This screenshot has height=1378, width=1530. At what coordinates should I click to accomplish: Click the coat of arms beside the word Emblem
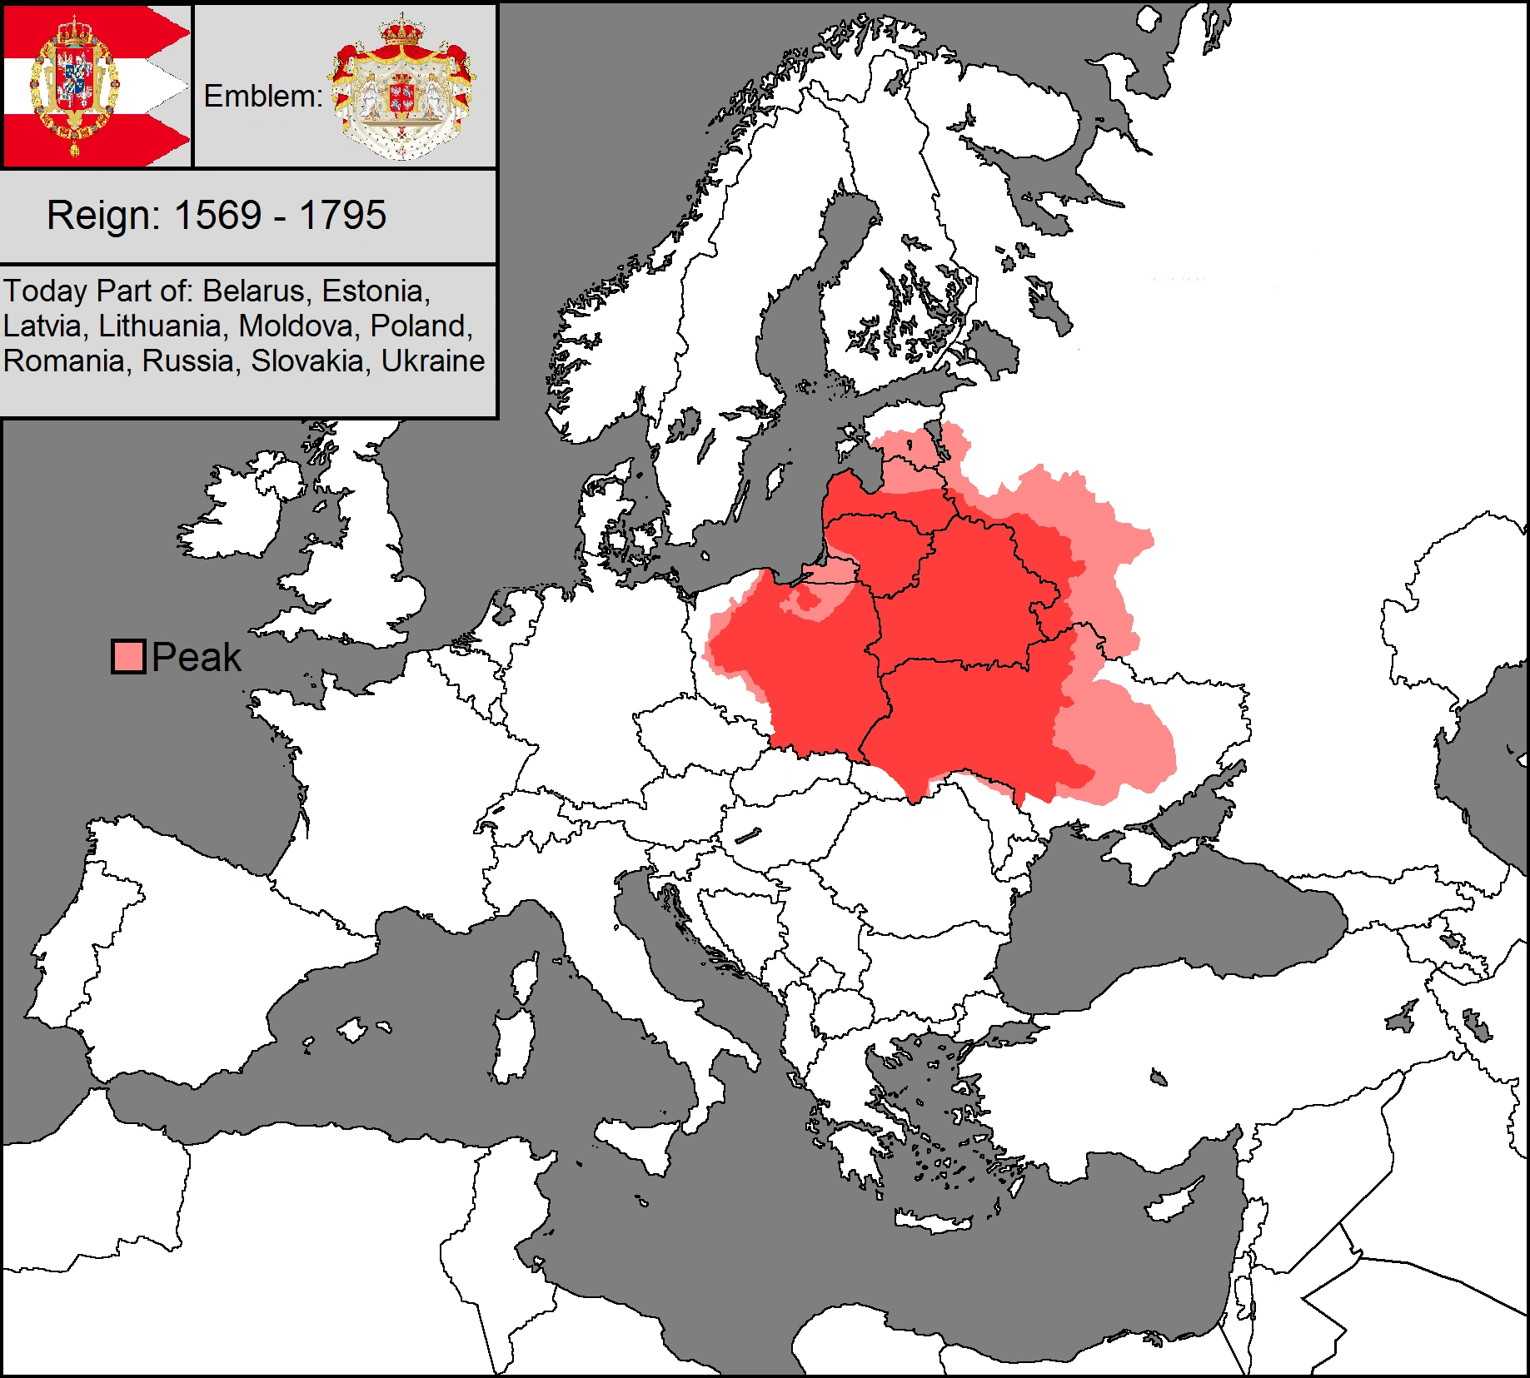tap(401, 87)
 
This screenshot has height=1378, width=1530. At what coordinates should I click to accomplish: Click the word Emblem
tap(262, 97)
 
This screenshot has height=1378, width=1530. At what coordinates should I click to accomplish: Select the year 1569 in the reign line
tap(218, 216)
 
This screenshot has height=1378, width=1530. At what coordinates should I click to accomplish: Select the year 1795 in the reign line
tap(342, 216)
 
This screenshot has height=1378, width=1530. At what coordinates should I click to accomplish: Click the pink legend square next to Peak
tap(129, 657)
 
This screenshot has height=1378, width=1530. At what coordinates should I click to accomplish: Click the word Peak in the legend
tap(197, 658)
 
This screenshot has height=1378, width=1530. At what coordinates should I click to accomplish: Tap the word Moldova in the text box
tap(297, 326)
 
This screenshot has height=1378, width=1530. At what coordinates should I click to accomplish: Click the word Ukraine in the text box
tap(432, 361)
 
